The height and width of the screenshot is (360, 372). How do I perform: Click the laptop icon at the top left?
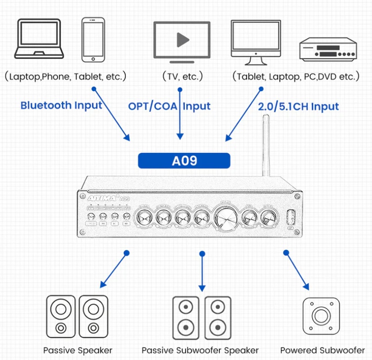tap(39, 41)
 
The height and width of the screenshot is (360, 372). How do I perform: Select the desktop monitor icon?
tap(256, 42)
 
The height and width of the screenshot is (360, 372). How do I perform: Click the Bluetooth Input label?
tap(61, 105)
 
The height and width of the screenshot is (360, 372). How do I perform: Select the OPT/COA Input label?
tap(169, 106)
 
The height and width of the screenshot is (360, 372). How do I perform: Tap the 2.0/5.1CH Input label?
tap(299, 107)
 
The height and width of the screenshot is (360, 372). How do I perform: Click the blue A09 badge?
tap(184, 161)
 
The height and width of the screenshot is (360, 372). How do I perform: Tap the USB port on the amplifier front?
tap(290, 217)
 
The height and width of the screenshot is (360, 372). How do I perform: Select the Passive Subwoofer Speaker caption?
tap(200, 350)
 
